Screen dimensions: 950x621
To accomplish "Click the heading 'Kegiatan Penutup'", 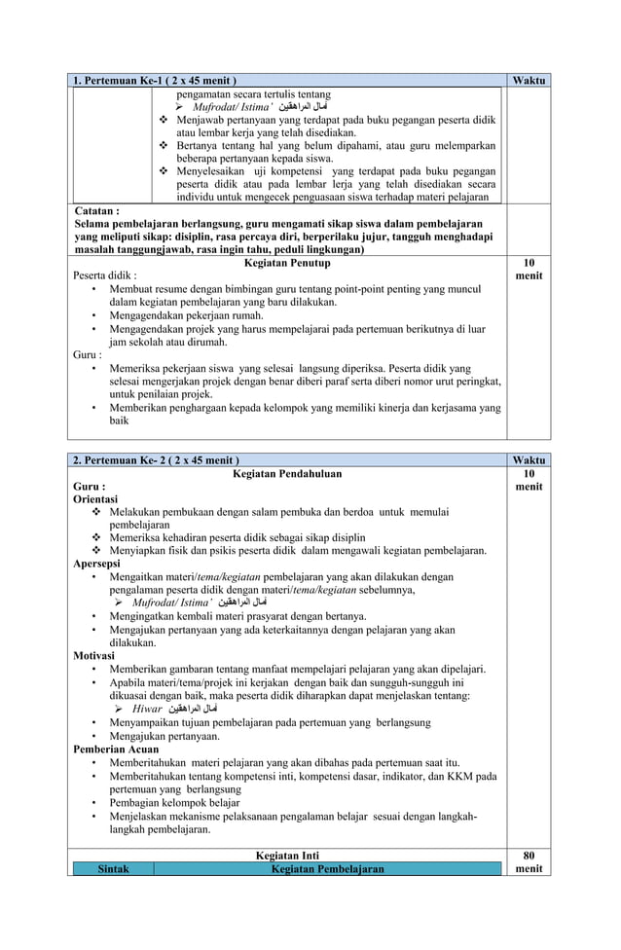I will [x=286, y=263].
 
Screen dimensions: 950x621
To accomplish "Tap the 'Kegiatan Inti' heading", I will [x=286, y=856].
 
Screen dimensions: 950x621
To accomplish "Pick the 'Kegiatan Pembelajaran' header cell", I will [x=328, y=868].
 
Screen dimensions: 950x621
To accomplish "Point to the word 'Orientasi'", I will [x=96, y=499].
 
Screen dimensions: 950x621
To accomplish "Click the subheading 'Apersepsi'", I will [x=97, y=563].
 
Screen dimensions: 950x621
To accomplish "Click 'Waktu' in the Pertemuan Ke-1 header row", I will [x=529, y=79].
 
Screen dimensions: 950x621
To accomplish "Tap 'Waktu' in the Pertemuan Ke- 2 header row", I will [x=529, y=460].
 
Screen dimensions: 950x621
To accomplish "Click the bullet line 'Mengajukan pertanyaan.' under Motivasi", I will [x=164, y=737].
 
